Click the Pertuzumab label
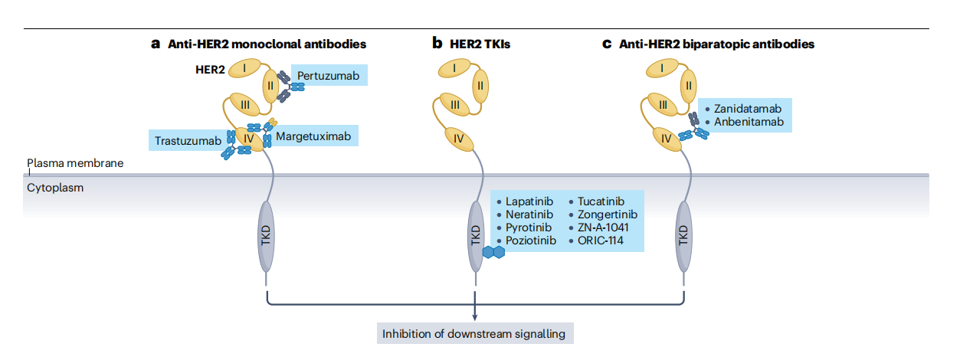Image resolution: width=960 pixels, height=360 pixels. click(328, 76)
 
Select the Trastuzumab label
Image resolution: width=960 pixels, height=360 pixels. click(188, 140)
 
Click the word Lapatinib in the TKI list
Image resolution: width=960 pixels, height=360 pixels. click(529, 201)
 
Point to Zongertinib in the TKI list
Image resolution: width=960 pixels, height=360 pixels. click(607, 214)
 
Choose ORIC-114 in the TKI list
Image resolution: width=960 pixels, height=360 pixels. click(600, 241)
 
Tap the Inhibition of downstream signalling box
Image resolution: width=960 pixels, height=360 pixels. click(476, 334)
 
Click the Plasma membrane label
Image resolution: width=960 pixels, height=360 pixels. click(75, 163)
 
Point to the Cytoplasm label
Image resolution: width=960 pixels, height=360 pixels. click(55, 187)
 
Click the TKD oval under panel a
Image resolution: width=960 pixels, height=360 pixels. click(266, 236)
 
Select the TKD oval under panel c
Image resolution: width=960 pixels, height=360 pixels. click(683, 236)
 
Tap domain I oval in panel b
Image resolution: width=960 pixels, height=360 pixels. click(455, 69)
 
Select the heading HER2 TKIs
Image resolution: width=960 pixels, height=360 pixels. click(470, 44)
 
